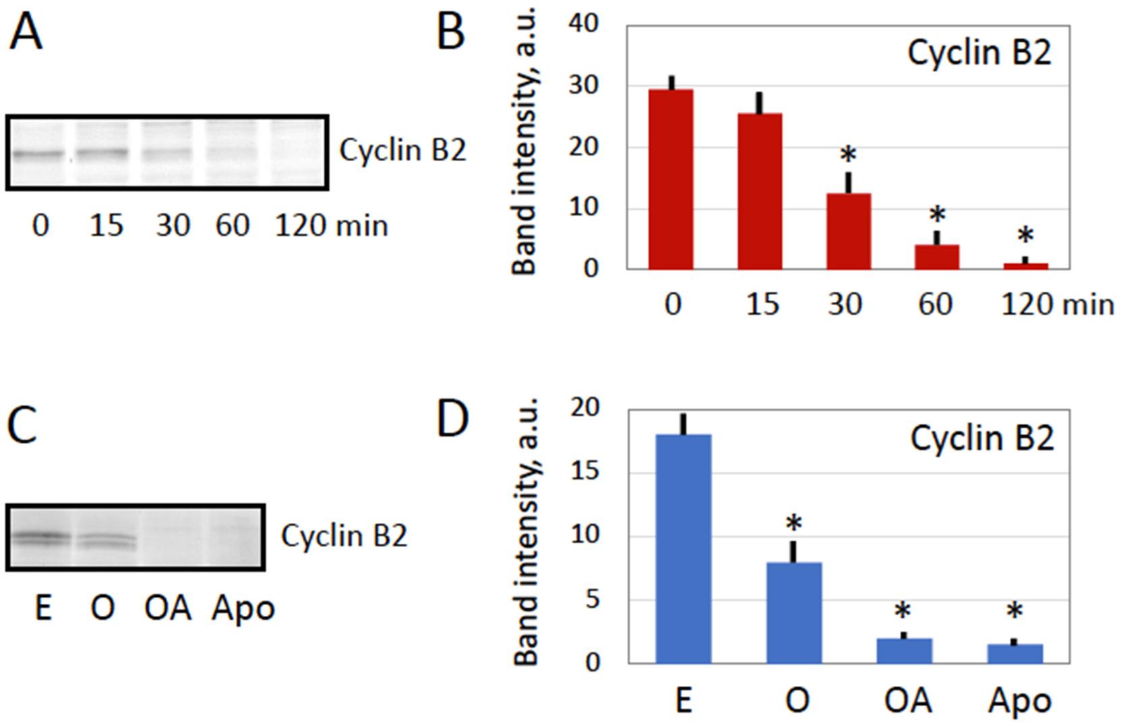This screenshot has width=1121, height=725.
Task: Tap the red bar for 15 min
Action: coord(760,191)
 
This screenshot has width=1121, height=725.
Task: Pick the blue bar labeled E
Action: coord(683,548)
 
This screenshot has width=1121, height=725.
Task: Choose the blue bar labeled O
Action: coord(794,612)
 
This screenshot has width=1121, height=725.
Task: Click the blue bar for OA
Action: coord(905,651)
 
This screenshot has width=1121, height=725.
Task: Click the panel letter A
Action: coord(26,32)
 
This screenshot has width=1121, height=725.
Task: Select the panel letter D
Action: coord(452,419)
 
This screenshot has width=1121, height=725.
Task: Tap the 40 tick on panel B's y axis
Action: coord(584,24)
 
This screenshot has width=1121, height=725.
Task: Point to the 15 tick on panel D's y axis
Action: coord(584,472)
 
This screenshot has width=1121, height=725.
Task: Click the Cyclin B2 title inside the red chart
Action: coord(979,53)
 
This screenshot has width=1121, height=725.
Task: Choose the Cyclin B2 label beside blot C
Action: coord(344,536)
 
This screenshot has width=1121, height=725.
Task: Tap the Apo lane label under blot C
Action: coord(243,608)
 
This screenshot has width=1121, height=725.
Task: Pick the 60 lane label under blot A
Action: coord(233,225)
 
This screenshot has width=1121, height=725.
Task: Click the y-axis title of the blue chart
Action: coord(527,532)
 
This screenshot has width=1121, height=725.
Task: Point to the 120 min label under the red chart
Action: coord(1057,305)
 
